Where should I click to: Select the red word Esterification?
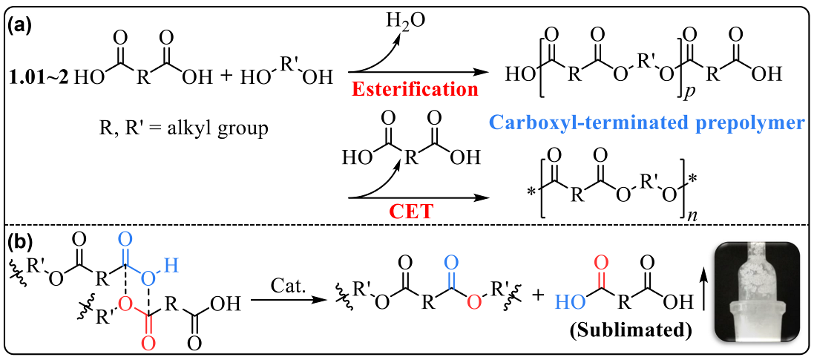(x=414, y=91)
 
